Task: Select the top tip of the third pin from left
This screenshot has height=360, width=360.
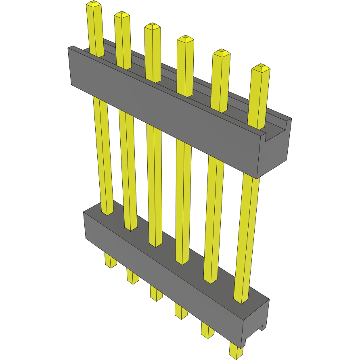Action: [152, 26]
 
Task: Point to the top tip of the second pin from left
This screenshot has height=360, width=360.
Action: [122, 15]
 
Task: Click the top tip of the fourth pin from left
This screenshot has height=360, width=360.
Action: [185, 39]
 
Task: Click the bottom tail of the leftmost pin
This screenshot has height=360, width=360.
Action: [111, 261]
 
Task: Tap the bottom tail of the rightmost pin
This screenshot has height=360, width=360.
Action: [236, 350]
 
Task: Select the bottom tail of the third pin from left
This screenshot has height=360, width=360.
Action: [156, 293]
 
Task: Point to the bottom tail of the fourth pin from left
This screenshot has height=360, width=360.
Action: [181, 310]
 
